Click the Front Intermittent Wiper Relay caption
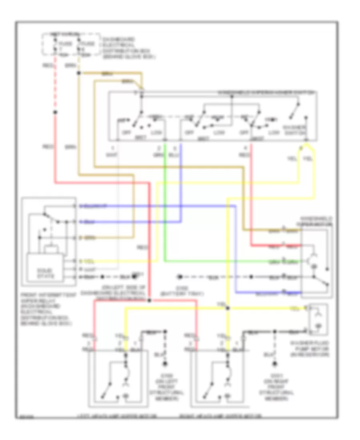(x=45, y=308)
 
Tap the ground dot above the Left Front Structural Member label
(x=165, y=364)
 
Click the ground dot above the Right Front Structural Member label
(x=275, y=364)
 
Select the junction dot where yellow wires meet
(x=227, y=308)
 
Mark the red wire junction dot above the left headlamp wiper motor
(x=149, y=300)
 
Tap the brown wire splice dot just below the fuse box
(x=79, y=73)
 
